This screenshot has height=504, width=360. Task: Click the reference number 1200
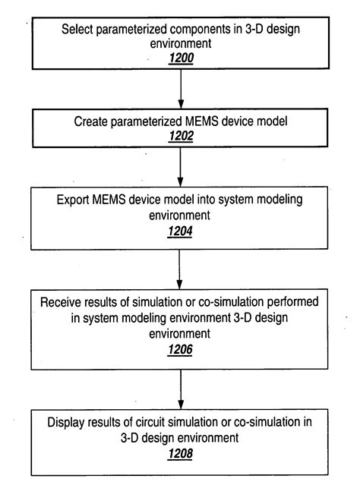(x=181, y=58)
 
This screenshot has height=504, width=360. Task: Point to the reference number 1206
(x=181, y=350)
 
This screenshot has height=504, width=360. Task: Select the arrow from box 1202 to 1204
(x=181, y=167)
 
